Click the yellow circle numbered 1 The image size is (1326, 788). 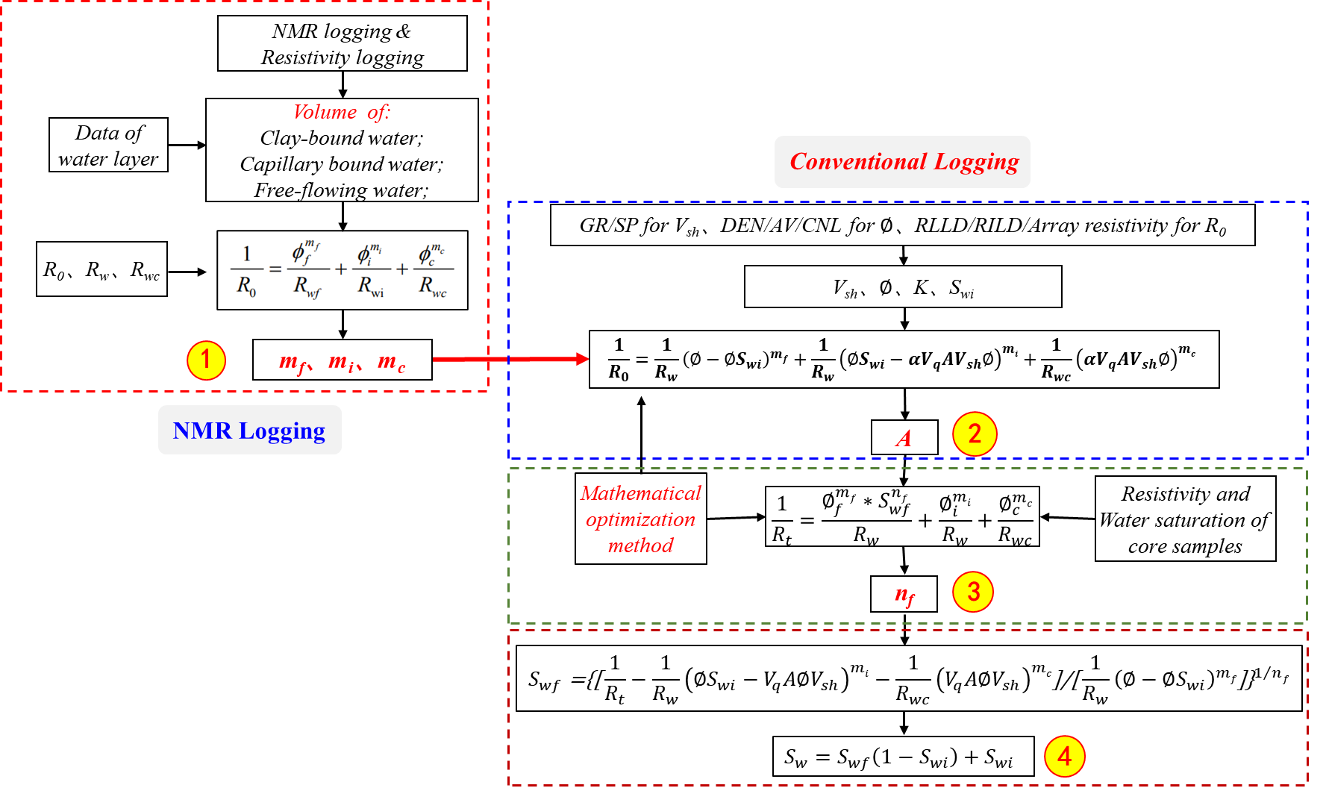click(x=206, y=360)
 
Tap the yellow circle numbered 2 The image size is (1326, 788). click(x=975, y=434)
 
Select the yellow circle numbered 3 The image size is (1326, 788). click(x=973, y=592)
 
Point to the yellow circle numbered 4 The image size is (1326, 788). click(x=1064, y=757)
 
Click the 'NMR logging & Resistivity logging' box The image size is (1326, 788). click(x=343, y=44)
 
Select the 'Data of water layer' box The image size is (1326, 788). click(x=108, y=145)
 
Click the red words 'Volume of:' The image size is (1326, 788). click(x=341, y=112)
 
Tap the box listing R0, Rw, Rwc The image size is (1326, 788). click(x=101, y=269)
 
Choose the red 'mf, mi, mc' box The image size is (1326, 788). click(x=343, y=360)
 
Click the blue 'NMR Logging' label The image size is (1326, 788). click(x=249, y=431)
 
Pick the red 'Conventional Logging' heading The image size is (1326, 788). click(x=904, y=162)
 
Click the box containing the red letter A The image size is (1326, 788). click(x=904, y=438)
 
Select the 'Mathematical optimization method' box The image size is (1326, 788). click(x=641, y=519)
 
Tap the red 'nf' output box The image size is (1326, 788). click(x=904, y=595)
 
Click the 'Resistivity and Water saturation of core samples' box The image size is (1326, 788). click(x=1186, y=519)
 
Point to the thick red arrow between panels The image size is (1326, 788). click(x=511, y=360)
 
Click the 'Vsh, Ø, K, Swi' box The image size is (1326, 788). click(x=903, y=287)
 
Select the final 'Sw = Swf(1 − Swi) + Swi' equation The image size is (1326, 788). click(x=904, y=757)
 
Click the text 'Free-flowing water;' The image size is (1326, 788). click(x=341, y=190)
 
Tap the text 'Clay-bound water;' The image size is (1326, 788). click(x=341, y=138)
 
